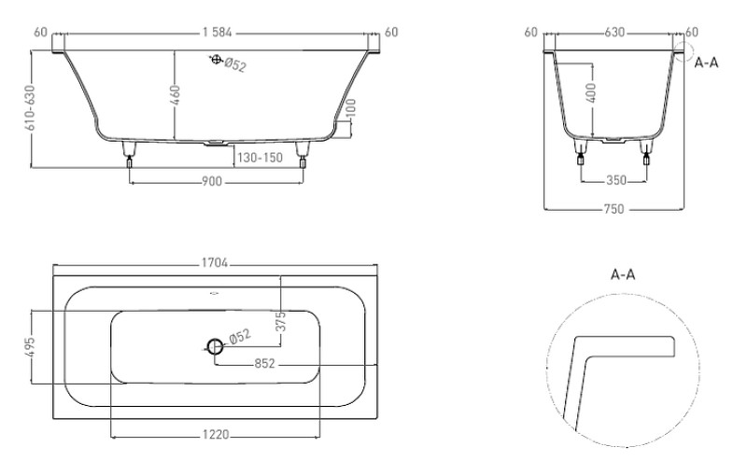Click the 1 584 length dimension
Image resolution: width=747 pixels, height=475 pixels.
pyautogui.click(x=217, y=33)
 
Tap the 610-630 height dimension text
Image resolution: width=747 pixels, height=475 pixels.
pyautogui.click(x=30, y=108)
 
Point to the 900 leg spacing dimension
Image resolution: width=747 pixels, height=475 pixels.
pyautogui.click(x=212, y=181)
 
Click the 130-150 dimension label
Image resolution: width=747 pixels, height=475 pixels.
pyautogui.click(x=261, y=158)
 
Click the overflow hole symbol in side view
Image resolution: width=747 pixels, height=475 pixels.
pyautogui.click(x=217, y=60)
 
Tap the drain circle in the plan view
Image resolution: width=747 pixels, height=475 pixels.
pyautogui.click(x=215, y=346)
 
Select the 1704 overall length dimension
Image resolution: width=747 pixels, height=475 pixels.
pyautogui.click(x=215, y=263)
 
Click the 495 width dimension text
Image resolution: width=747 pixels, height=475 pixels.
pyautogui.click(x=30, y=347)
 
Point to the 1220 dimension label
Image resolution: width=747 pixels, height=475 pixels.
pyautogui.click(x=216, y=434)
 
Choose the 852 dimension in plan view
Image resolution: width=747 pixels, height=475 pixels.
pyautogui.click(x=265, y=364)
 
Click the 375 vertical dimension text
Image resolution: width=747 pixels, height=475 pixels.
pyautogui.click(x=281, y=321)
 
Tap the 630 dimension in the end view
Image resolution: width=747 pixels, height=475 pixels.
pyautogui.click(x=614, y=33)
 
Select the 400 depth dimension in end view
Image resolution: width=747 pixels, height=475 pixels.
pyautogui.click(x=591, y=93)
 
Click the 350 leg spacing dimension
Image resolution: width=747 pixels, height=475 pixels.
pyautogui.click(x=616, y=180)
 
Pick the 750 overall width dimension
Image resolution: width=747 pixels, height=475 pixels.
pyautogui.click(x=613, y=208)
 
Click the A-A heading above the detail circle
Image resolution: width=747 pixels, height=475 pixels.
pyautogui.click(x=623, y=274)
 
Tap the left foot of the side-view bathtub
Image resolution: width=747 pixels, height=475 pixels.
pyautogui.click(x=129, y=154)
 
